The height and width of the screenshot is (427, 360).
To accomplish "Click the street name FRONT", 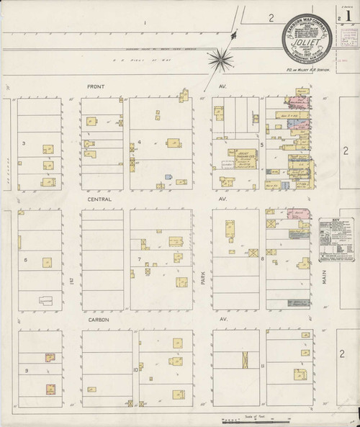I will pos(96,87).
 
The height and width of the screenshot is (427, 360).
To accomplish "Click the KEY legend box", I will pos(338,238).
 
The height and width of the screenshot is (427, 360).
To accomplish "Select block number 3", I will pos(24,143).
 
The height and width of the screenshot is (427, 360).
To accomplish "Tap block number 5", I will pos(263,143).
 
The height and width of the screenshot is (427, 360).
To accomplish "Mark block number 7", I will pos(139,259).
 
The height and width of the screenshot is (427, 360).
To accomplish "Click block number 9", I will pos(26,370).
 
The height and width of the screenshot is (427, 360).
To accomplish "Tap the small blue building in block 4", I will pos(168,176).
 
